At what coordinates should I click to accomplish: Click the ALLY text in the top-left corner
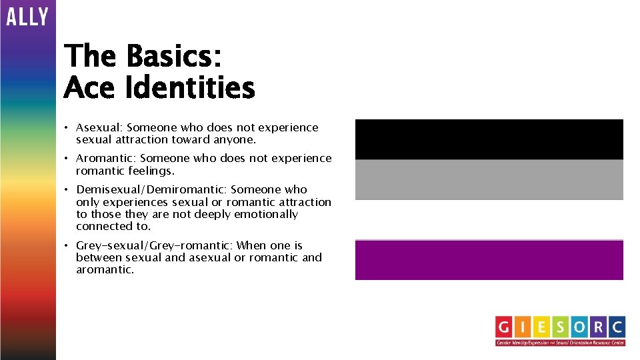point(27,16)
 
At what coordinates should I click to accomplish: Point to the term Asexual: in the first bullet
point(99,127)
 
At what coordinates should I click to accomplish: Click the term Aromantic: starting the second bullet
point(106,158)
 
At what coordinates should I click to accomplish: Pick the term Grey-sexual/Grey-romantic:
point(155,245)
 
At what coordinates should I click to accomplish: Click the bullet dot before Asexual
point(67,127)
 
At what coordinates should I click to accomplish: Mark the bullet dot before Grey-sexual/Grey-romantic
point(67,245)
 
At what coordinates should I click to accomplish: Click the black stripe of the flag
point(489,139)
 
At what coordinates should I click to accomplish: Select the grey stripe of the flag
point(489,179)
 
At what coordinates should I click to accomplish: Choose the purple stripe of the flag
point(489,260)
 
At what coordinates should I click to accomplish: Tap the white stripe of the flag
point(489,219)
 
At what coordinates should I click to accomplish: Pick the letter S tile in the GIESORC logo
point(561,327)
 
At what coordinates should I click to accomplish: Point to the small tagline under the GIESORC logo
point(560,343)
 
